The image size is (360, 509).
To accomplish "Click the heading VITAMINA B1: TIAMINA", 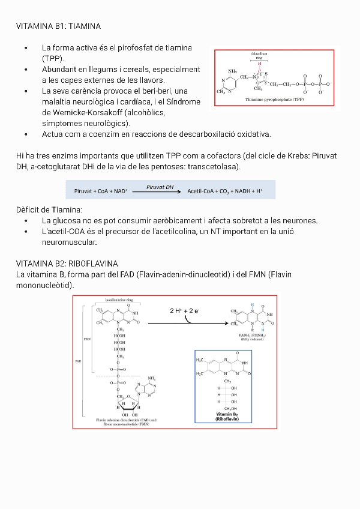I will [x=58, y=26].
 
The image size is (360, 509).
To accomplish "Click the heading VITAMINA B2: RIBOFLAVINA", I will [x=67, y=264].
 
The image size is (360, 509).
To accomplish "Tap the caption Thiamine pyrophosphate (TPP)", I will [x=275, y=99].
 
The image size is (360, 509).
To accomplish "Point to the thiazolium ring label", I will [x=259, y=55].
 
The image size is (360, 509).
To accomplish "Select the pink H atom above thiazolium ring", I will [x=260, y=63].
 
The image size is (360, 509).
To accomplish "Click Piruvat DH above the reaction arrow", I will [x=160, y=187].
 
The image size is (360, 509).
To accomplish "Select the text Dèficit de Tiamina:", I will [x=49, y=209].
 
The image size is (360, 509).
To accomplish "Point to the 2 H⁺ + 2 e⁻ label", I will [x=185, y=310].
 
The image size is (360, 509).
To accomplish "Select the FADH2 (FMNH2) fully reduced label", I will [x=248, y=337].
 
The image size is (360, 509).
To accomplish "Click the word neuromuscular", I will [x=70, y=242].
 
